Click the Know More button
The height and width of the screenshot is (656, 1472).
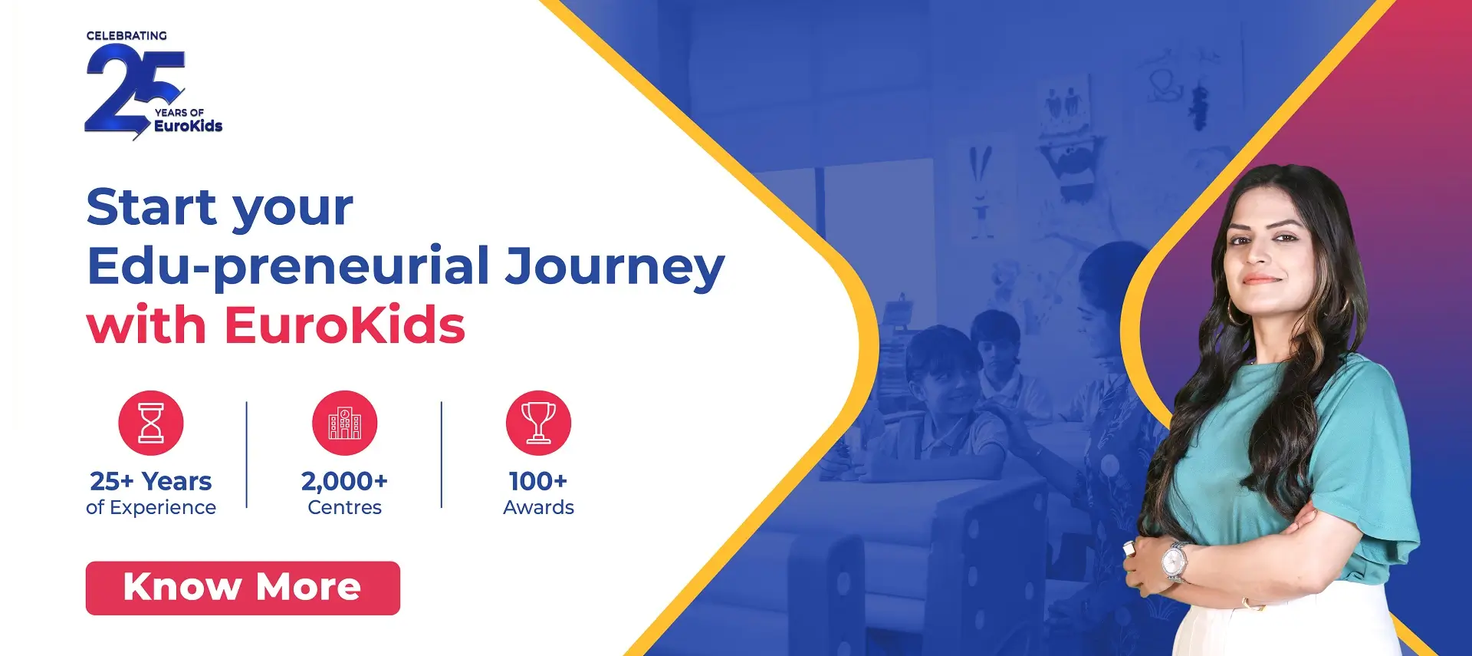(242, 588)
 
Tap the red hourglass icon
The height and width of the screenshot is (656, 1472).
(151, 423)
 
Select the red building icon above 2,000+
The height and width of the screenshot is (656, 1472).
(345, 423)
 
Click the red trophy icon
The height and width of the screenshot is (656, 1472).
(538, 423)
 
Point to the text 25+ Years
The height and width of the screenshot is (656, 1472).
(151, 481)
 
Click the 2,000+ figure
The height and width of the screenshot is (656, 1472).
(344, 481)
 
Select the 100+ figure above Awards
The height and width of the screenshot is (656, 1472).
(538, 481)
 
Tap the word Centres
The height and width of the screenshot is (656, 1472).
(344, 508)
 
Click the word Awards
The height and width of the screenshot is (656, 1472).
(538, 508)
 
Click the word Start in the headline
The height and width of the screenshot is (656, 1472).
(152, 207)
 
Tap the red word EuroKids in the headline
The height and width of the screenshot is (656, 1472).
(344, 325)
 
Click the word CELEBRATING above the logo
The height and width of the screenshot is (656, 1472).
(127, 36)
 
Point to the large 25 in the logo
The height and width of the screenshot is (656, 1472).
(133, 91)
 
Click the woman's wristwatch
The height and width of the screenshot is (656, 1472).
(1174, 562)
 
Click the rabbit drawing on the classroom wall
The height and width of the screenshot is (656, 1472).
(979, 193)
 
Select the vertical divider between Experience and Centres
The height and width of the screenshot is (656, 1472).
(247, 454)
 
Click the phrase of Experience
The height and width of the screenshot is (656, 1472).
(151, 508)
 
